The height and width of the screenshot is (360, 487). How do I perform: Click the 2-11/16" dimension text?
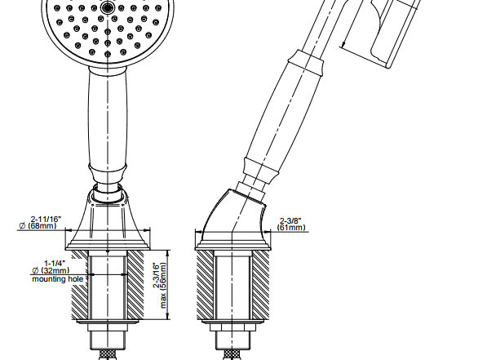coord(46,219)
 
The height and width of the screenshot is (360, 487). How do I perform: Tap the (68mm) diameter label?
coord(42,225)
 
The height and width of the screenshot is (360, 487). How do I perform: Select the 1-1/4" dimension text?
coord(55,264)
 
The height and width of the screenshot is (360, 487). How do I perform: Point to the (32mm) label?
coord(55,270)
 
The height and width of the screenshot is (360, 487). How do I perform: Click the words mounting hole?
coord(58,279)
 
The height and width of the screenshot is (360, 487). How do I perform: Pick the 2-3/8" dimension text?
coord(290,221)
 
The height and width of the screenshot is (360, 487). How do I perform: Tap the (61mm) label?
coord(291,228)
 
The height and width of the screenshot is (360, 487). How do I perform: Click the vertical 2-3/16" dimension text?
coord(157,275)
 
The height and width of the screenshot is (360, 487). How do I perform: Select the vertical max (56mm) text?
coord(163,286)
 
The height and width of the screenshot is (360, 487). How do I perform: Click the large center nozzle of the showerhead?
coord(108,8)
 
